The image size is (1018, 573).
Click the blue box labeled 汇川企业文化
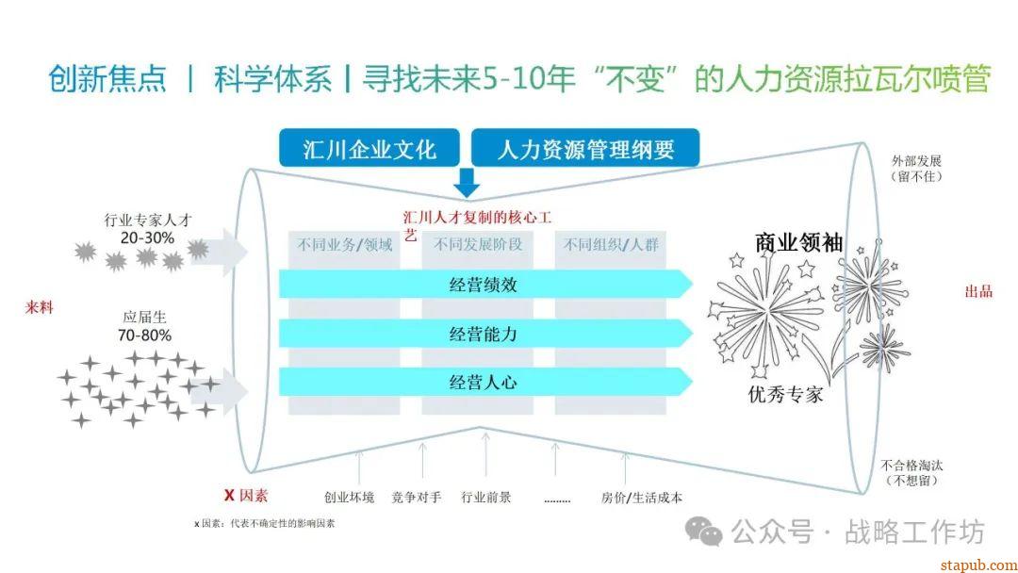point(369,148)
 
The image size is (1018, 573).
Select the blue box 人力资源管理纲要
point(585,148)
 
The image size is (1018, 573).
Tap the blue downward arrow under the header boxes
point(467,183)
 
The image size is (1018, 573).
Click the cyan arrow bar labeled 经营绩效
point(485,284)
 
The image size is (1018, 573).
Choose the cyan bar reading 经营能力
point(485,333)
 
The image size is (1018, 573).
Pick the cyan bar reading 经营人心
point(485,382)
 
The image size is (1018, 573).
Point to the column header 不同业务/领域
point(345,245)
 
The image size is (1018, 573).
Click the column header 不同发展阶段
point(478,245)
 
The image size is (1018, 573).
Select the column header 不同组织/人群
point(611,245)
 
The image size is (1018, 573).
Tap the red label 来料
point(39,307)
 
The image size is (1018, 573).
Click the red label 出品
point(978,291)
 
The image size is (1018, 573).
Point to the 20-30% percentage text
point(147,238)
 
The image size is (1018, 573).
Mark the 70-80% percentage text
point(145,336)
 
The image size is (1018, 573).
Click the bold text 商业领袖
point(798,243)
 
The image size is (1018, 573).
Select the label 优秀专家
point(785,394)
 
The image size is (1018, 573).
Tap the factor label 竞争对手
point(417,498)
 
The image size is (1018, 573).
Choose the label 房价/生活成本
point(642,498)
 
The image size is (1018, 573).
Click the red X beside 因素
point(229,495)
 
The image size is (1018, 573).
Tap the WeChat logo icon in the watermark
point(704,531)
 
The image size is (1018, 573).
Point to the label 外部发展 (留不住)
point(916,169)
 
